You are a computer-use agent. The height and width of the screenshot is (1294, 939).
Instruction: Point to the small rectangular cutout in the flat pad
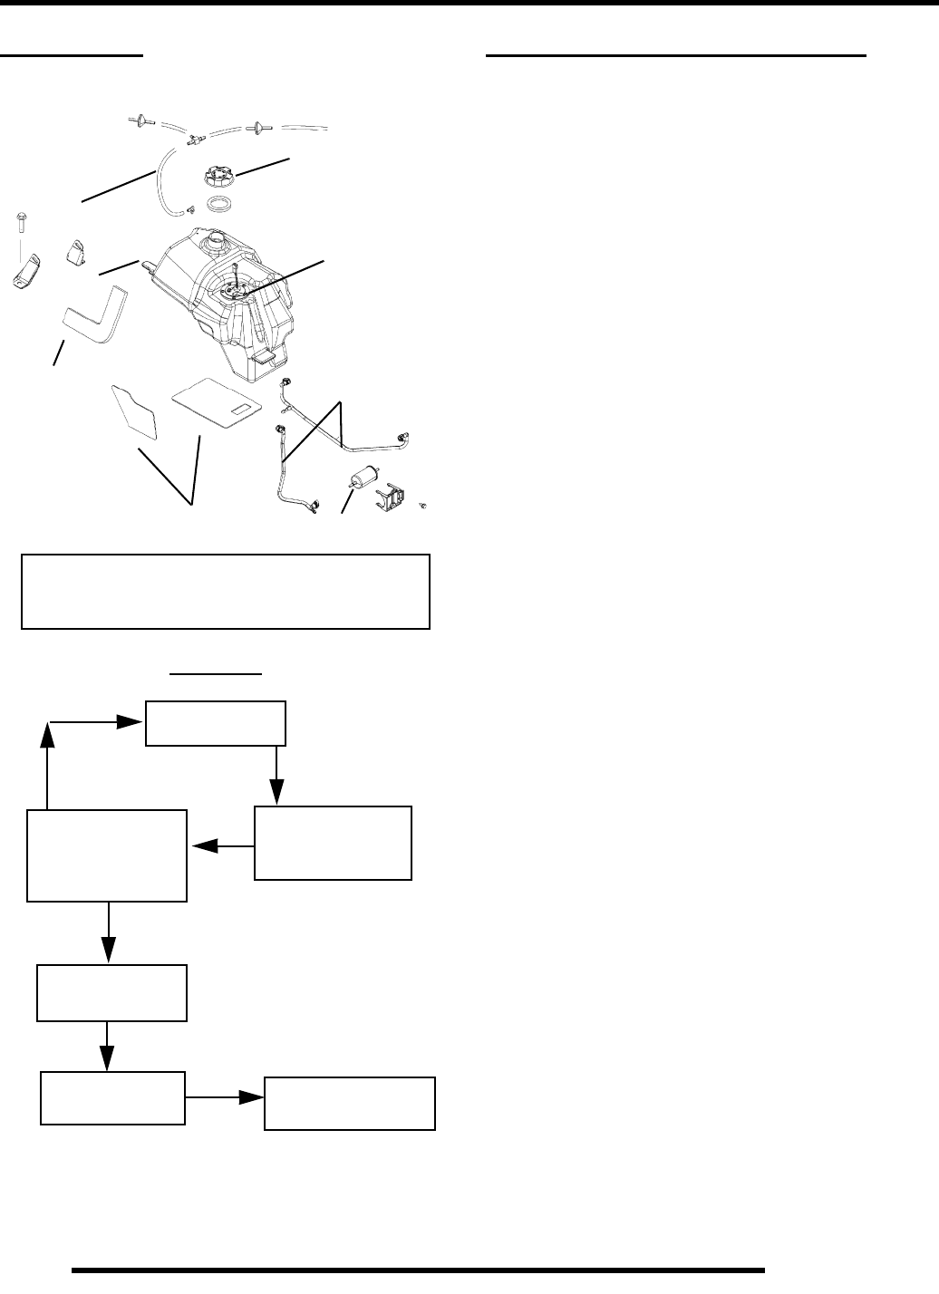click(x=243, y=413)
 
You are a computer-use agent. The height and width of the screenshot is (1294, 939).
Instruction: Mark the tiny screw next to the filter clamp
click(x=423, y=503)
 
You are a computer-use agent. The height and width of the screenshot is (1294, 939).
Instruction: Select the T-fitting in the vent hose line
click(x=194, y=139)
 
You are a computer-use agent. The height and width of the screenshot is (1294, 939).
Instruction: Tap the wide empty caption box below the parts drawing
click(x=225, y=592)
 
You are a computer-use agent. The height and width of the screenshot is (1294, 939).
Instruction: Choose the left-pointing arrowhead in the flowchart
click(x=205, y=846)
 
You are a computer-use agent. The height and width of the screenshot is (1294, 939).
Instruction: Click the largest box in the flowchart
click(x=107, y=856)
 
